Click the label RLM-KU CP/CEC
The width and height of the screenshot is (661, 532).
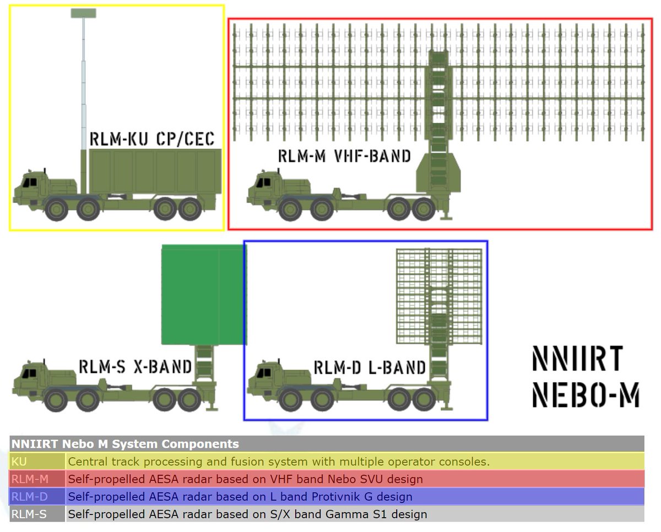(x=152, y=139)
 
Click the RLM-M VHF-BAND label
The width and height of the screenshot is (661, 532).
(x=344, y=156)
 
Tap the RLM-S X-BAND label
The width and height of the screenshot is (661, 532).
(x=136, y=367)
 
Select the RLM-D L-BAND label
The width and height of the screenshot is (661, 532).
(x=370, y=368)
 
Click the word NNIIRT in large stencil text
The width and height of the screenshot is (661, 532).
(x=578, y=359)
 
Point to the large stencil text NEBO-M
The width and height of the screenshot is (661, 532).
(x=586, y=394)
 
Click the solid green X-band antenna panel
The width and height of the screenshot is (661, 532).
(x=203, y=295)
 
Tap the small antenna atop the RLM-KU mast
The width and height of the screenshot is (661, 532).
(x=83, y=13)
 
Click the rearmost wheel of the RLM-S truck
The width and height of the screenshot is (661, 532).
(x=190, y=400)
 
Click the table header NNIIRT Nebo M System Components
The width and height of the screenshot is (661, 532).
(x=125, y=444)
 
